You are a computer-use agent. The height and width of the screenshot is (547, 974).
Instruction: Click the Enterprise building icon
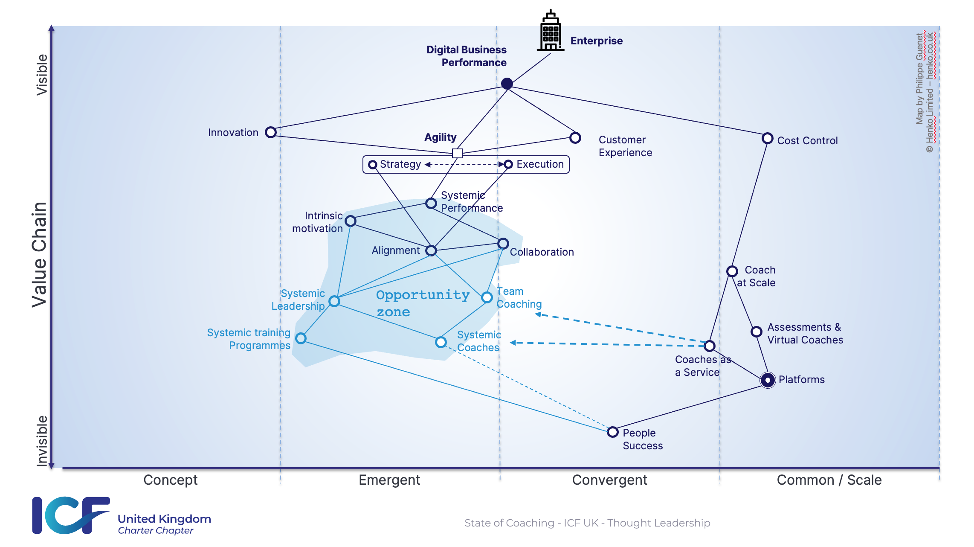pos(551,31)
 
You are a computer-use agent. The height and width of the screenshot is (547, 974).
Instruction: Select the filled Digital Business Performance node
pos(507,84)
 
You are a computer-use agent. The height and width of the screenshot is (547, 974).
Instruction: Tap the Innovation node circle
pos(271,132)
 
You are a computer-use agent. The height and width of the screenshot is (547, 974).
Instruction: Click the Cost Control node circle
pos(767,138)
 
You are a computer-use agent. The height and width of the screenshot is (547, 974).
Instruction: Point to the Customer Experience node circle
pos(575,138)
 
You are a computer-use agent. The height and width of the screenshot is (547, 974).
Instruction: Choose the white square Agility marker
pos(457,153)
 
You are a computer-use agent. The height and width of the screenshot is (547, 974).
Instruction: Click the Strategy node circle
pos(373,165)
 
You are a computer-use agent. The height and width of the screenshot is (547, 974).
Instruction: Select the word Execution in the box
pos(540,164)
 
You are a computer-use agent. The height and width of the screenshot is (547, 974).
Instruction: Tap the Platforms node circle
pos(768,380)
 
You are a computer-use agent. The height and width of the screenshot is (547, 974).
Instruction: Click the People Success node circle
pos(613,432)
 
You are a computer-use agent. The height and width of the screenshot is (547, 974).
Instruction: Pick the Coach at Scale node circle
pos(732,271)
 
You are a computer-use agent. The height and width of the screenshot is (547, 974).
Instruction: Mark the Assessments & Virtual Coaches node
pos(757,332)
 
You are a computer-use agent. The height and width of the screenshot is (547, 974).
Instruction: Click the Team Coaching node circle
pos(487,297)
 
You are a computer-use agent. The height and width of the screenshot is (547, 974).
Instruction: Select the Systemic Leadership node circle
pos(334,301)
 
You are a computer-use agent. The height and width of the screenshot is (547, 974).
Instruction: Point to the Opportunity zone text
pos(423,303)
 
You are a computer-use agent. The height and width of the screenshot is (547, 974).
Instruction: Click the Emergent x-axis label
pos(389,480)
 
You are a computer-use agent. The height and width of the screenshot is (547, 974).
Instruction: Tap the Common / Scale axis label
pos(829,480)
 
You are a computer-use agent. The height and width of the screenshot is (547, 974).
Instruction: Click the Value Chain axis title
pos(39,255)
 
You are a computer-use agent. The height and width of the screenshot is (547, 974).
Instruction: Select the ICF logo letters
pos(71,515)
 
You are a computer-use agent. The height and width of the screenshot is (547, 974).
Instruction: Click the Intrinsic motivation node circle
pos(351,221)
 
